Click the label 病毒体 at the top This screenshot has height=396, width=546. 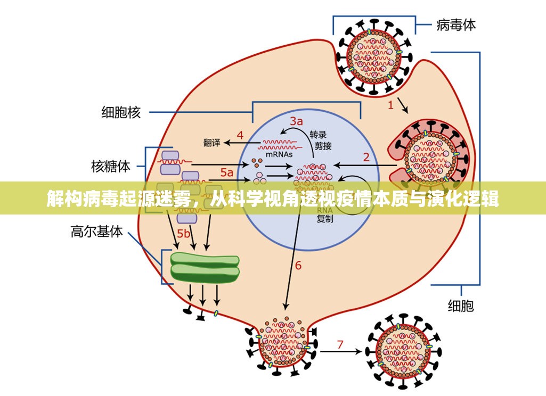tap(456, 24)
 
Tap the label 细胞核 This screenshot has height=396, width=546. tap(121, 112)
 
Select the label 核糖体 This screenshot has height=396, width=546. tap(111, 167)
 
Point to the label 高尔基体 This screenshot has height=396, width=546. tap(97, 232)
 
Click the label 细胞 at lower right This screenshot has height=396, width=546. tap(460, 306)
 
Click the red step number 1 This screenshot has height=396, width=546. tap(390, 105)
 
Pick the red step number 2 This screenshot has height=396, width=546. tap(366, 156)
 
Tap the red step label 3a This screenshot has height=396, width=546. tap(296, 120)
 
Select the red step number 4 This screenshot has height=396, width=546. tap(240, 135)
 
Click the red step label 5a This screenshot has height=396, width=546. tap(227, 172)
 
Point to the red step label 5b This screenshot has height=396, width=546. tap(184, 233)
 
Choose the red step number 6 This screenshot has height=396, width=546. tap(298, 265)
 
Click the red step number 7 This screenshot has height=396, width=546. tap(340, 344)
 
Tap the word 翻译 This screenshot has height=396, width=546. tap(211, 143)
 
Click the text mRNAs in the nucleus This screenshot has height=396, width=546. tap(279, 154)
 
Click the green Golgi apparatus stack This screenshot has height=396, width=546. tap(205, 267)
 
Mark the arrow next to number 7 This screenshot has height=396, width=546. tap(341, 352)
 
